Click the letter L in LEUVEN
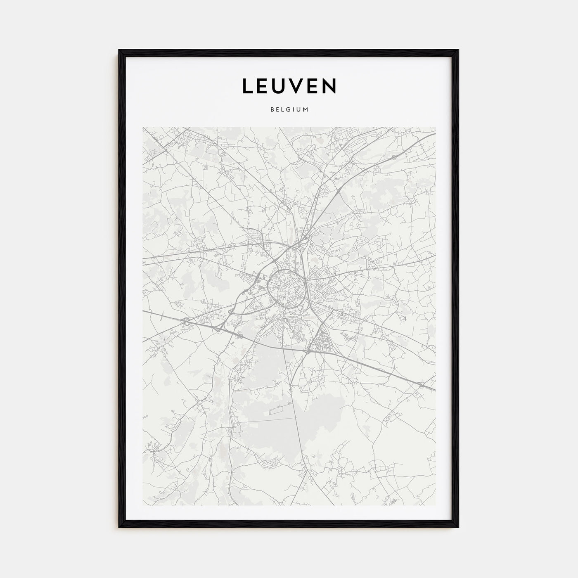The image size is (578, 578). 248,86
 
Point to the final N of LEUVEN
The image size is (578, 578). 330,86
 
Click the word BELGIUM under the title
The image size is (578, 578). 289,110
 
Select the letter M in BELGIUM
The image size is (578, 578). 306,110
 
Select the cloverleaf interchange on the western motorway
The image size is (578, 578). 187,322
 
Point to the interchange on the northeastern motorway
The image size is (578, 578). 394,157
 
